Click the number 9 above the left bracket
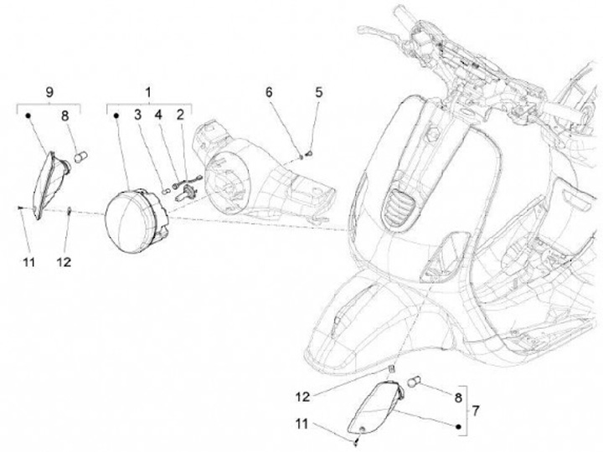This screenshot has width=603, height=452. [49, 89]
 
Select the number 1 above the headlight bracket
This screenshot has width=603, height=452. [148, 89]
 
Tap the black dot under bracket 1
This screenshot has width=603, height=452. [116, 117]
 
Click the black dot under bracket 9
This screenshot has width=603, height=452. [27, 117]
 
